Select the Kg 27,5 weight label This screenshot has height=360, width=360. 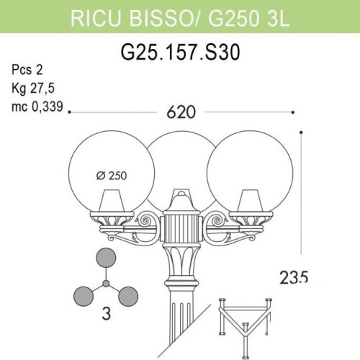click(x=32, y=89)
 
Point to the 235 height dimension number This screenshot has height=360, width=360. click(x=294, y=276)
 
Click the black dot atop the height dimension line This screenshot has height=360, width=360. click(x=300, y=131)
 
